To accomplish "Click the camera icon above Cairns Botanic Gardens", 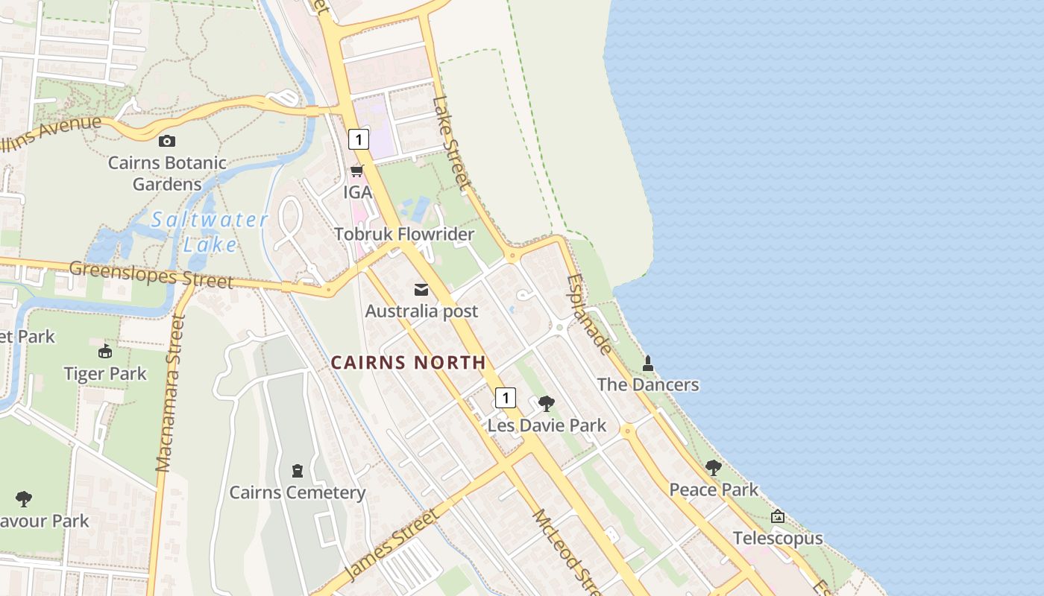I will tap(167, 141).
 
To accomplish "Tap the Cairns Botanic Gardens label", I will tap(167, 174).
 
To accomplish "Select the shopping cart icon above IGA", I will tap(357, 171).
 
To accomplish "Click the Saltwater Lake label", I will tap(209, 232).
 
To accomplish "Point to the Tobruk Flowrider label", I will tap(404, 234).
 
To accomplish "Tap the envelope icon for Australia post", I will tap(421, 290).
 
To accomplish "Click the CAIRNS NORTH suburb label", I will tap(408, 363).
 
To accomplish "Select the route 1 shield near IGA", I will tap(359, 139).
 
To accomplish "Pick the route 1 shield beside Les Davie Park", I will tap(506, 397).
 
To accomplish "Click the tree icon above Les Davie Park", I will tap(547, 404).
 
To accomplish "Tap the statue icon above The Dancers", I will tap(648, 364).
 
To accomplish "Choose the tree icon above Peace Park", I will tap(714, 468).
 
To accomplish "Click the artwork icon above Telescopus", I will tap(778, 516).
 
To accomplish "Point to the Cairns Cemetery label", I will tap(297, 492).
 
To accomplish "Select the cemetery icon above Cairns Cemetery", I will tap(298, 471).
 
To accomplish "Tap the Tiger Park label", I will tap(105, 373).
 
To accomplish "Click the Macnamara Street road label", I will tap(170, 393).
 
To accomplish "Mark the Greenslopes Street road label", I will tap(151, 274).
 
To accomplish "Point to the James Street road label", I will tap(392, 545).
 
